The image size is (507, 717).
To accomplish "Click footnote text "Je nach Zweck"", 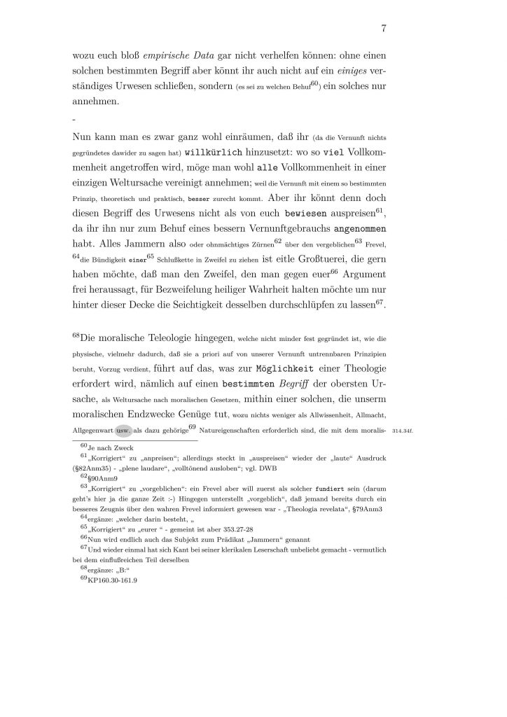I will tap(113, 447).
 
